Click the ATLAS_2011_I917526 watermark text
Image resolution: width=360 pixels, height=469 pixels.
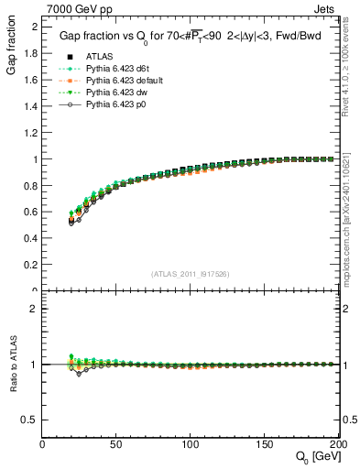191,274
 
